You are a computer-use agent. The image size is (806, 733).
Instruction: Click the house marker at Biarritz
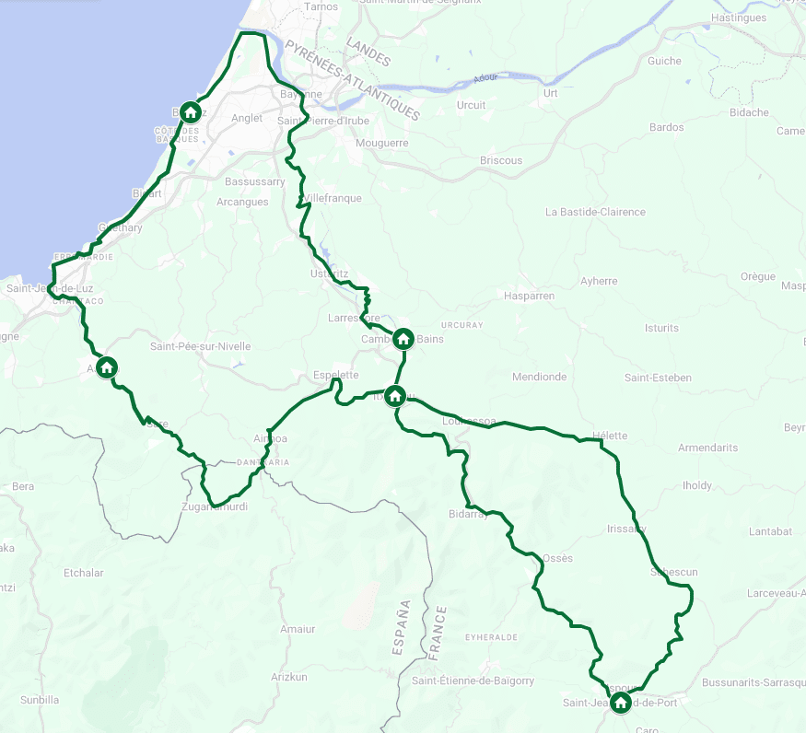click(x=190, y=112)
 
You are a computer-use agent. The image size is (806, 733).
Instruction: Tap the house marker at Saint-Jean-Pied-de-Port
click(x=621, y=704)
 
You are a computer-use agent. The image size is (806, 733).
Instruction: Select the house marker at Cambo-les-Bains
click(x=403, y=339)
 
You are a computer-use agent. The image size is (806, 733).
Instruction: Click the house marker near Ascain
click(x=106, y=367)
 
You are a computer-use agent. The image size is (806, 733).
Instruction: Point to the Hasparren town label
click(x=529, y=297)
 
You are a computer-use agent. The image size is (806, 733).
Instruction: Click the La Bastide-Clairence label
click(x=595, y=212)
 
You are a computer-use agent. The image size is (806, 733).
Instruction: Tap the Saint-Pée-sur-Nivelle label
click(x=200, y=346)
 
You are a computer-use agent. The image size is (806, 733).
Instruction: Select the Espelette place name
click(x=335, y=376)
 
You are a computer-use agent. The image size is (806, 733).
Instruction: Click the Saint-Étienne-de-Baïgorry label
click(x=473, y=681)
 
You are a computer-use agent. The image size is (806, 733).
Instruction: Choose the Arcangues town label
click(x=242, y=202)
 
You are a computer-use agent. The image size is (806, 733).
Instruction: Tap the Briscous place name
click(x=501, y=160)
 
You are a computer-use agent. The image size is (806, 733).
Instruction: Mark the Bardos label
click(x=667, y=127)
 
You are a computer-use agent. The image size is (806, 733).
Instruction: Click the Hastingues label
click(x=739, y=17)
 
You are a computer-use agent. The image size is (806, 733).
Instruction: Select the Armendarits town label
click(x=707, y=448)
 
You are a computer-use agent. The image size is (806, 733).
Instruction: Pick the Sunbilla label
click(x=40, y=700)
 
